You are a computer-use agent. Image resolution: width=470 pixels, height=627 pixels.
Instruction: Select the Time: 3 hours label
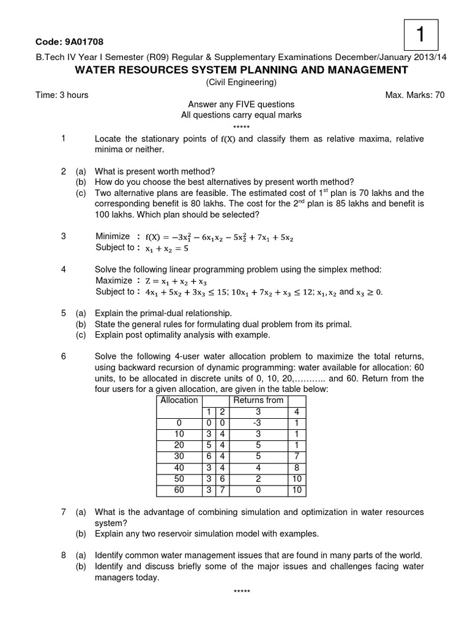coord(62,94)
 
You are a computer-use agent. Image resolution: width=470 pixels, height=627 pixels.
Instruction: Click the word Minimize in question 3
coord(113,236)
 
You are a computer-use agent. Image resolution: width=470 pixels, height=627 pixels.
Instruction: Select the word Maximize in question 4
coord(114,280)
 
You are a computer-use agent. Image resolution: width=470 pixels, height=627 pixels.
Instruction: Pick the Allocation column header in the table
coord(179,400)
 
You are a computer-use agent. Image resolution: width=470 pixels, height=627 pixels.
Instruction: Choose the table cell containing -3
coord(258,422)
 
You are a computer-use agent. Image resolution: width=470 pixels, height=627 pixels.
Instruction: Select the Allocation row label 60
coord(179,490)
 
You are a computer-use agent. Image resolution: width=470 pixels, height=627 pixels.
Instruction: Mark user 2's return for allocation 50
coord(222,479)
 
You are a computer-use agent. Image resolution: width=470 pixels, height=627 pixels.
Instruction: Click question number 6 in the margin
coord(64,356)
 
